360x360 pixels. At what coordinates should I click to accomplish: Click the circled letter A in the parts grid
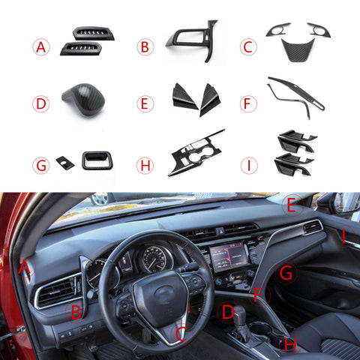(42, 47)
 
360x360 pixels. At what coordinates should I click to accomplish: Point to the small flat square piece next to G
(65, 162)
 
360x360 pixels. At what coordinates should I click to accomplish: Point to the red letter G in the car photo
(285, 274)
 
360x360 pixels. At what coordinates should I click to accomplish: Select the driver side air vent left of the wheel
(55, 291)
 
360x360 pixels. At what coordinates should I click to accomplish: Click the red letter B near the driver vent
(76, 311)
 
